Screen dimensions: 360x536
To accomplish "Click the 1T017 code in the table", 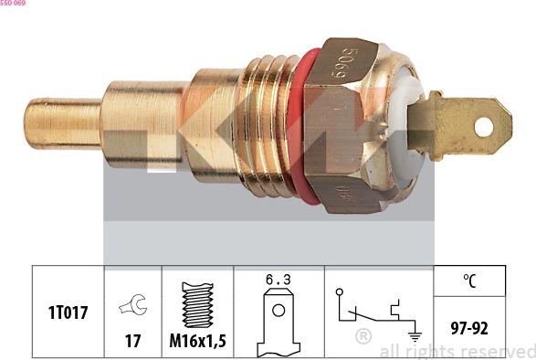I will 68,312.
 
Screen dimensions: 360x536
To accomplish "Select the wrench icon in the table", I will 132,307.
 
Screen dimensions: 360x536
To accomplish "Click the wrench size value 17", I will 132,340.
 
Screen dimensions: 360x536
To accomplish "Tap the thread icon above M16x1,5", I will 198,304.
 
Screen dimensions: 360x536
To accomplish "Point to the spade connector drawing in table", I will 279,324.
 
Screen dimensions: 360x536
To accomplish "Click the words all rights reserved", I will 457,351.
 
